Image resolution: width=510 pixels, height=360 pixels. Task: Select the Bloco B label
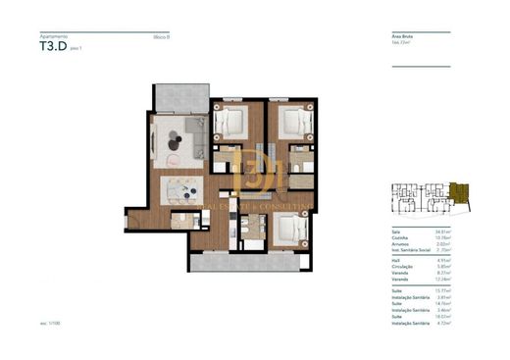[x=162, y=36]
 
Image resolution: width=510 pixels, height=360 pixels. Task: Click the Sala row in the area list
[x=396, y=230]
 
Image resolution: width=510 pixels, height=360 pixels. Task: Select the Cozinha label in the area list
[x=399, y=236]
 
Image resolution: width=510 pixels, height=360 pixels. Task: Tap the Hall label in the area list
[x=395, y=259]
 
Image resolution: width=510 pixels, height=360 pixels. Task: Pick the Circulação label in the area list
[x=401, y=266]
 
